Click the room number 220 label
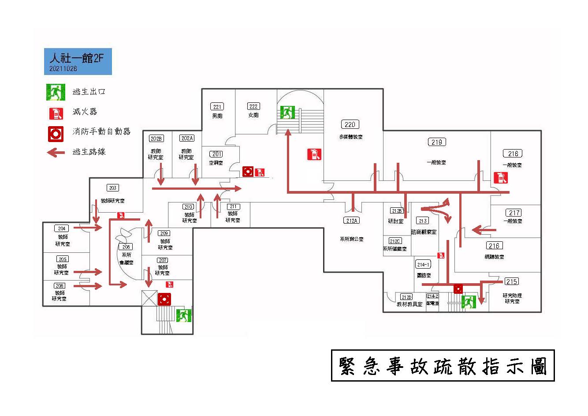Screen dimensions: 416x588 click(350, 124)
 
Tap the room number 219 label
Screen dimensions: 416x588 click(437, 142)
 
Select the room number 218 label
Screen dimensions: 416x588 click(513, 154)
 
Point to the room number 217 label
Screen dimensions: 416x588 click(514, 213)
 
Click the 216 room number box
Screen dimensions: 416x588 click(494, 246)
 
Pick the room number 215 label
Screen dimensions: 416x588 click(511, 281)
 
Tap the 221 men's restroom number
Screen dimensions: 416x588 click(217, 107)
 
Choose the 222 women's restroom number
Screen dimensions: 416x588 click(253, 106)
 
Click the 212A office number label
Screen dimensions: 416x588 click(351, 221)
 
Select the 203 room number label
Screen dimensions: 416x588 click(113, 188)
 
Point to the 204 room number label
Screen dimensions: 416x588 click(62, 229)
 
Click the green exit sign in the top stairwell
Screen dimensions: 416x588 click(287, 112)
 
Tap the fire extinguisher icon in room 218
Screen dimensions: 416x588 click(500, 177)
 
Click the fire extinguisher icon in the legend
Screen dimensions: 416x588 click(56, 113)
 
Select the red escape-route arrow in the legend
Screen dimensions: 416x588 click(56, 153)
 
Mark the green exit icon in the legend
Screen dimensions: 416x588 click(56, 92)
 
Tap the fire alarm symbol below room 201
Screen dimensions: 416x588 click(248, 171)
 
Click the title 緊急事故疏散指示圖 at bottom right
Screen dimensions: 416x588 click(443, 366)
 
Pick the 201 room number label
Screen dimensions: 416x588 click(217, 154)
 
